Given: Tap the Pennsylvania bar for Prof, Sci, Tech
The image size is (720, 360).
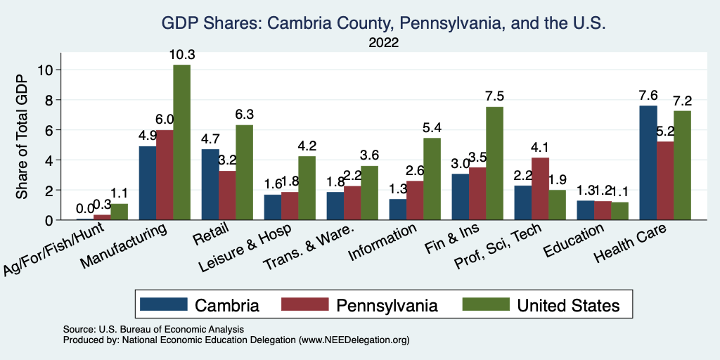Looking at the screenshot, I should [x=540, y=188].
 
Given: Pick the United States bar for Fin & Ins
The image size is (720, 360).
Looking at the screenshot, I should [x=494, y=163].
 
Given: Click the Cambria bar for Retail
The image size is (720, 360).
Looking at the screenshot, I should [x=210, y=184].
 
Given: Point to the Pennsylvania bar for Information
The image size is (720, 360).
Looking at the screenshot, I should [x=415, y=200].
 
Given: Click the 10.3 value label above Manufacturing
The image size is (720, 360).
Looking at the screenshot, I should [x=181, y=54].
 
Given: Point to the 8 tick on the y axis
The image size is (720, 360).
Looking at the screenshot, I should [x=48, y=100].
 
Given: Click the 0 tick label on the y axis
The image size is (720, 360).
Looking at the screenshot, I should [x=48, y=220].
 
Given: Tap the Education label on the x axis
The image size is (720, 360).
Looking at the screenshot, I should [x=574, y=240].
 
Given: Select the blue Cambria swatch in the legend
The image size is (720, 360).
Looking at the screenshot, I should [x=164, y=304].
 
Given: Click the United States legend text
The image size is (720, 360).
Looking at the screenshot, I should [x=568, y=305].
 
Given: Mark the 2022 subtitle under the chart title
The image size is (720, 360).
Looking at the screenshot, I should [x=384, y=43].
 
